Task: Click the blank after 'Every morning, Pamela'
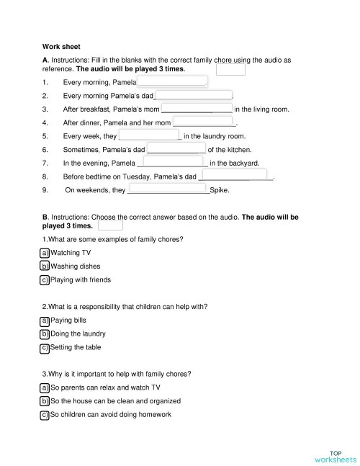(171, 81)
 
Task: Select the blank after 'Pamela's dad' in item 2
(193, 95)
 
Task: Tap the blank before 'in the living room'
(197, 109)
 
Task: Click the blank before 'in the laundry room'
(148, 135)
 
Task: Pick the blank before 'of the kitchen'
(176, 149)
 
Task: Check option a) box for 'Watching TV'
(45, 253)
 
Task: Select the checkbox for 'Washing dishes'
(45, 266)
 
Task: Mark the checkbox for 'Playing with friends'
(45, 279)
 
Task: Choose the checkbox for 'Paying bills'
(45, 320)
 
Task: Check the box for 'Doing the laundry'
(45, 333)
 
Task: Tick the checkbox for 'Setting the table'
(45, 347)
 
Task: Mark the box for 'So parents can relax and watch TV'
(45, 387)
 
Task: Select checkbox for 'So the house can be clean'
(45, 400)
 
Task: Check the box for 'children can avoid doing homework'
(45, 414)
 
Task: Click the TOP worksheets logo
(335, 455)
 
